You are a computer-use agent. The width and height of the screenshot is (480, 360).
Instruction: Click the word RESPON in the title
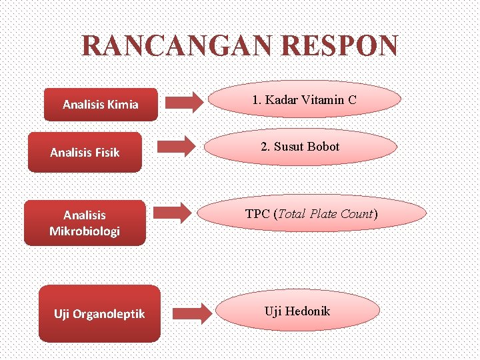pos(340,47)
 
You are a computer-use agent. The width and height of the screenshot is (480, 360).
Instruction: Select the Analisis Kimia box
pos(101,105)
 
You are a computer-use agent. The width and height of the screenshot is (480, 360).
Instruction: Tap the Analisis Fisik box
pos(85,153)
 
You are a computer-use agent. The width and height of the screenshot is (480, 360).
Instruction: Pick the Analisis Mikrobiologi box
pos(85,223)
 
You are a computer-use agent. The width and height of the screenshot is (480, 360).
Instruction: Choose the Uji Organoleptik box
pos(99,313)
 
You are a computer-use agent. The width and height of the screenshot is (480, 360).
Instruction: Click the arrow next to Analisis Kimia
pos(185,102)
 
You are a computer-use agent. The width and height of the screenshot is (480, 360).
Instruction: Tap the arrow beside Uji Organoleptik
pos(191,313)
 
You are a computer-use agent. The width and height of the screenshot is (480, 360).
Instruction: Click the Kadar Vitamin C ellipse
pos(305,100)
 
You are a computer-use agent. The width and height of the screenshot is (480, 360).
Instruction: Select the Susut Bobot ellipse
pos(301,147)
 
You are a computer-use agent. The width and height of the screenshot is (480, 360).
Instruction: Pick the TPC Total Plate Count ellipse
pos(311,215)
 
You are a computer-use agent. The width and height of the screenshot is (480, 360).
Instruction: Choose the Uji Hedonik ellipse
pos(298,311)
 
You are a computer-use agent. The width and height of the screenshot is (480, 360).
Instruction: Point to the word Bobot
pos(323,147)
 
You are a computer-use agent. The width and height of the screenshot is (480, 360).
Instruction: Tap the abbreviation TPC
pos(257,215)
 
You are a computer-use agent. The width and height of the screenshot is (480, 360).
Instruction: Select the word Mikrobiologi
pos(85,231)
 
